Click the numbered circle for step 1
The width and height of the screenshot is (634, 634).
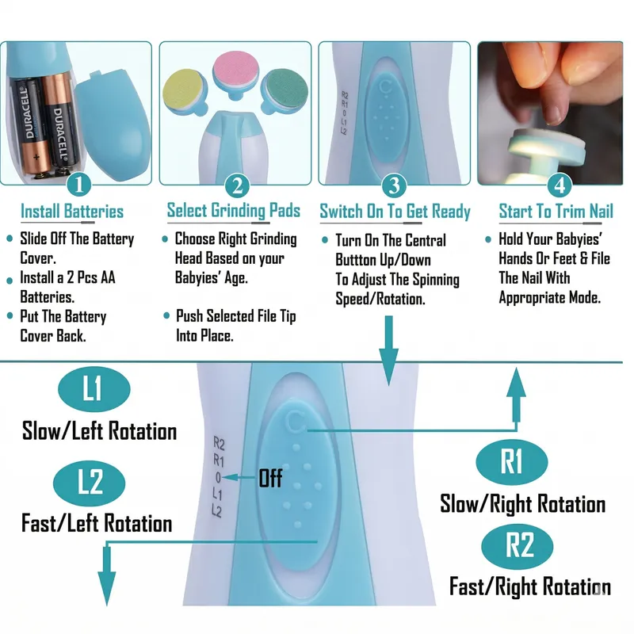pyautogui.click(x=78, y=185)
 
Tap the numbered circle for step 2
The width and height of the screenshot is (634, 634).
pyautogui.click(x=237, y=185)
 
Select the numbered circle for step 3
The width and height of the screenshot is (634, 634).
pyautogui.click(x=394, y=185)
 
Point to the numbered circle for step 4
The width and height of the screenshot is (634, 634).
pyautogui.click(x=560, y=185)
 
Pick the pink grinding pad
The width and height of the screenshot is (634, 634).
pyautogui.click(x=235, y=72)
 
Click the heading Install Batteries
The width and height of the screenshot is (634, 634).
pyautogui.click(x=72, y=212)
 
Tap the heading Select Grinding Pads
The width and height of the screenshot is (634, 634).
pyautogui.click(x=233, y=211)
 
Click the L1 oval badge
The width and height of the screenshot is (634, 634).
pyautogui.click(x=92, y=390)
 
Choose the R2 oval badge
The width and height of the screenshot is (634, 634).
pyautogui.click(x=521, y=547)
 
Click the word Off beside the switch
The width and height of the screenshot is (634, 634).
pyautogui.click(x=270, y=478)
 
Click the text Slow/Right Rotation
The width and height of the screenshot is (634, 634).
pyautogui.click(x=523, y=504)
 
